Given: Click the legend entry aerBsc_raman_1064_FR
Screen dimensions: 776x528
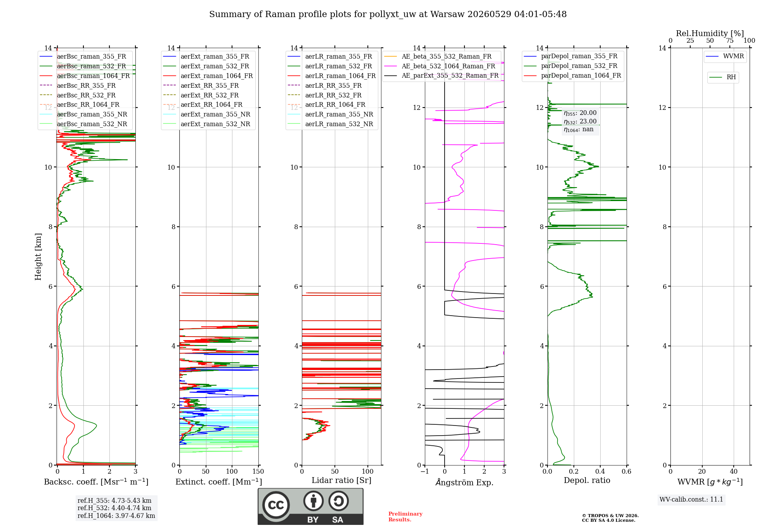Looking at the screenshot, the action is point(85,76).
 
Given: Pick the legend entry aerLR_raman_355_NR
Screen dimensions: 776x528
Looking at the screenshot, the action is point(330,115).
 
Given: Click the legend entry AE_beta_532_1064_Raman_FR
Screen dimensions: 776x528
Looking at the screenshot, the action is point(440,66).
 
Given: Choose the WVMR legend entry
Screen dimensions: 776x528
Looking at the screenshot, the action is point(725,56).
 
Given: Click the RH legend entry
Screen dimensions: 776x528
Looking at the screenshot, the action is point(722,77).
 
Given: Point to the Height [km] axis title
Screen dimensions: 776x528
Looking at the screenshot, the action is point(38,257).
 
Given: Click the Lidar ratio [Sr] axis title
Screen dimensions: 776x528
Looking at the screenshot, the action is point(341,481).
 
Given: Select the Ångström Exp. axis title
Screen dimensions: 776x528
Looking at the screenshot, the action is point(464,482).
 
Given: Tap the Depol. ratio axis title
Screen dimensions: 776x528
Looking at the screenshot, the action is point(587,481).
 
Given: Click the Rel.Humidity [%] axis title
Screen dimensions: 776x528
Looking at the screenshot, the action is point(710,33).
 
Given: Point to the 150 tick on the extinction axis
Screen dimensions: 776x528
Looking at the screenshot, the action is point(258,472).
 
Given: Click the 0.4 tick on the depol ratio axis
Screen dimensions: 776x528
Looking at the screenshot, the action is point(600,472).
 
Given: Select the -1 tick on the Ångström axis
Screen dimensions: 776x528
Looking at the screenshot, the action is point(425,472).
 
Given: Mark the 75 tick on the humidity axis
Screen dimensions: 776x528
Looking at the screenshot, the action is point(730,41).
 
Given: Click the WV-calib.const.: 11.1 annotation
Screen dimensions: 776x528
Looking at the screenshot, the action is point(691,500).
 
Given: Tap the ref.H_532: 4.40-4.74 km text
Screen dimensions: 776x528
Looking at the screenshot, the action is point(114,508).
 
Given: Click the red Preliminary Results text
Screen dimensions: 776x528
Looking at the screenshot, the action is point(405,517).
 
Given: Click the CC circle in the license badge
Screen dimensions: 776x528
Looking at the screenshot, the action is point(276,505).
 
